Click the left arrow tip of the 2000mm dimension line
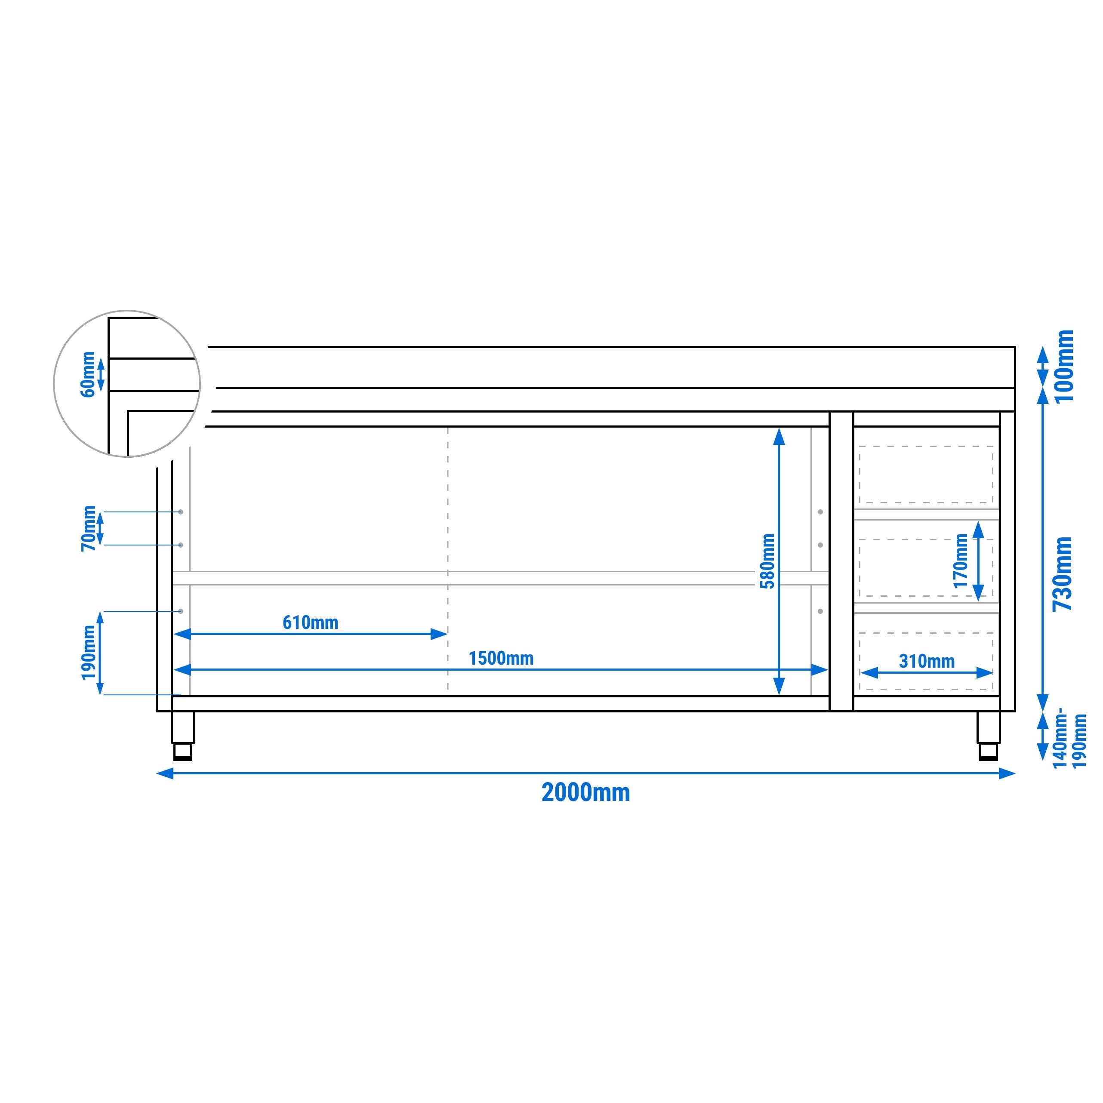point(157,773)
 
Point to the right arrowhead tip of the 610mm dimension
point(447,634)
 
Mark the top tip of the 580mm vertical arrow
point(779,428)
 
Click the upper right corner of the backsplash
point(1014,347)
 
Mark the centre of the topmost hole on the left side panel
point(181,512)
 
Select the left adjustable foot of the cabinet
point(183,736)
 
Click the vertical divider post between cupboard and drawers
point(841,561)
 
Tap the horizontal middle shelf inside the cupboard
point(500,578)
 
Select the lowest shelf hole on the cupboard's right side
point(820,611)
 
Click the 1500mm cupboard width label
point(501,658)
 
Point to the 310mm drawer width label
point(927,661)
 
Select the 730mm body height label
point(1063,574)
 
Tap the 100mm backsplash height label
point(1065,366)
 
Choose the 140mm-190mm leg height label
point(1069,740)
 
